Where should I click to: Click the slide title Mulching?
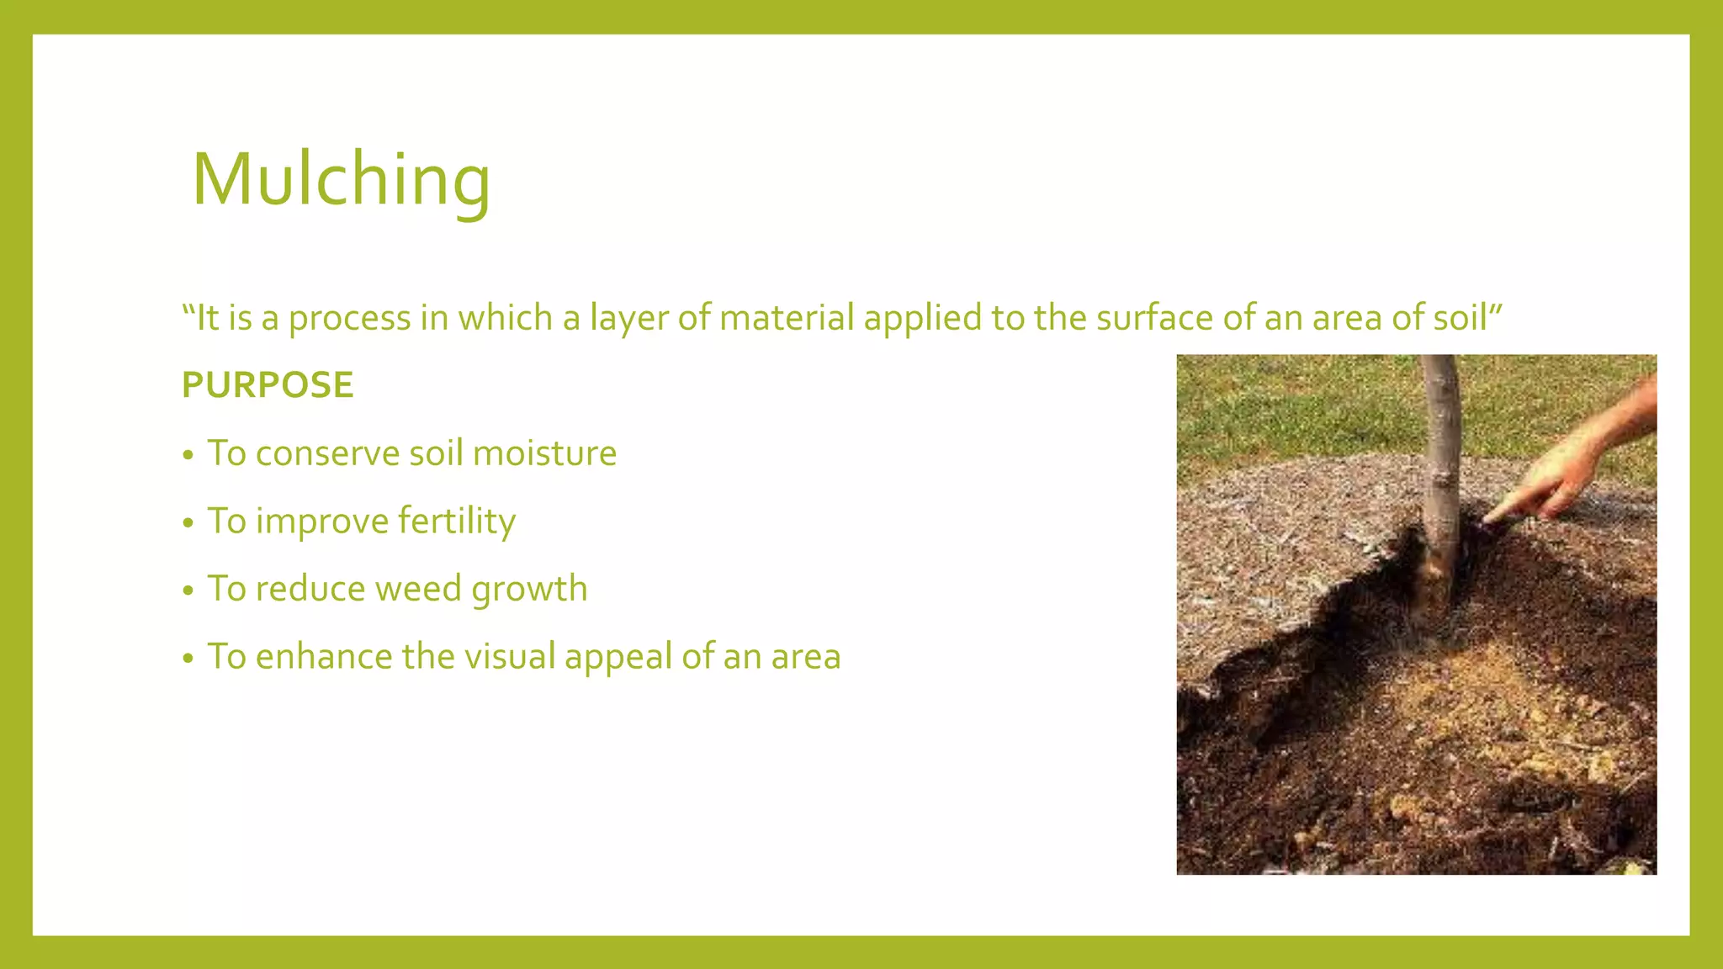[x=341, y=179]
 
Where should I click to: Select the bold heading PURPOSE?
[x=268, y=385]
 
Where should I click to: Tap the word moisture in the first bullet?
[x=544, y=453]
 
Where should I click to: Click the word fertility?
[x=456, y=522]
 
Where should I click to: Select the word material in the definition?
[x=787, y=318]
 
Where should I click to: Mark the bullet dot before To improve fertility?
[x=188, y=523]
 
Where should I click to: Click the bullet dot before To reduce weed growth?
[x=188, y=590]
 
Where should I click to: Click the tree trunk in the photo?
[x=1440, y=471]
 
